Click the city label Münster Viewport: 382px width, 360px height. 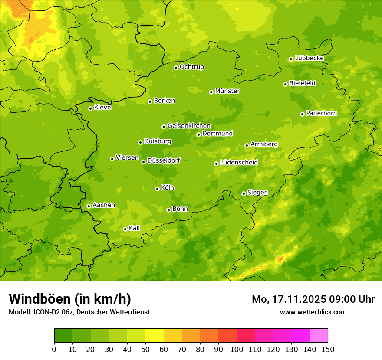pos(227,91)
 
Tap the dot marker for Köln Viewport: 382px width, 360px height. pos(157,189)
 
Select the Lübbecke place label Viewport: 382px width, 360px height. pos(309,58)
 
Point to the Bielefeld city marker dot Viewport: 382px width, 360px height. pos(285,84)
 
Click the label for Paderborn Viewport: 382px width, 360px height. pos(321,113)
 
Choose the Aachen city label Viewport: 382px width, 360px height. pos(104,205)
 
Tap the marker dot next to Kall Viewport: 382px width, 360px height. pos(125,229)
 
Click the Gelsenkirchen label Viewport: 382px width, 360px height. pos(189,126)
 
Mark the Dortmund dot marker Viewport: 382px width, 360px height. pos(198,134)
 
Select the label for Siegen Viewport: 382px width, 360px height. pos(257,193)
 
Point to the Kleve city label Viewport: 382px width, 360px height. pos(102,107)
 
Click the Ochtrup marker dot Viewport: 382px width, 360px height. pos(176,68)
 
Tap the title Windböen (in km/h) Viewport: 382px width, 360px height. pos(70,299)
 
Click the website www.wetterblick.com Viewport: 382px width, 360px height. pos(313,312)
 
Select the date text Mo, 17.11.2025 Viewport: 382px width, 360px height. pos(288,299)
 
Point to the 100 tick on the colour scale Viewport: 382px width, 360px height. pos(237,349)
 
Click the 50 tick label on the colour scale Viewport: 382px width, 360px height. pos(145,349)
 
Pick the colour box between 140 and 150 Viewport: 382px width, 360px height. pos(319,335)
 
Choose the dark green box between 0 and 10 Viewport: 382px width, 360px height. pos(63,335)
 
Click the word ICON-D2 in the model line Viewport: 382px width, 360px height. pos(45,312)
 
